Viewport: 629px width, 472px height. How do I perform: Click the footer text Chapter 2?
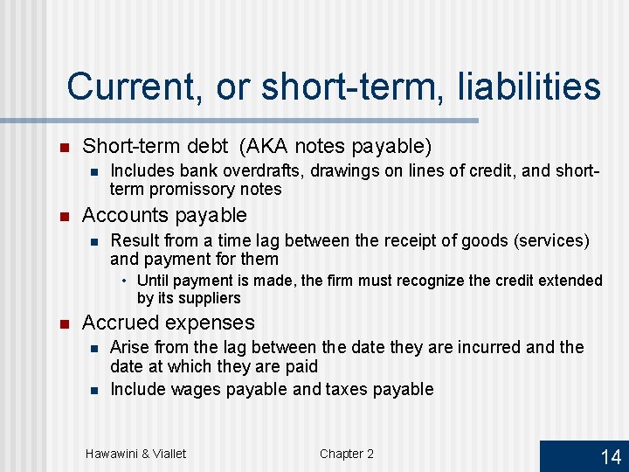346,453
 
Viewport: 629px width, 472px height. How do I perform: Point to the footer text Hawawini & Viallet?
135,453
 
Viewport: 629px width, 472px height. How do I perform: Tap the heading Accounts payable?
164,215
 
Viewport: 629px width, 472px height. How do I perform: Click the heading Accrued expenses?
168,323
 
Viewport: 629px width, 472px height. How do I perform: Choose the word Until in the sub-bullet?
153,281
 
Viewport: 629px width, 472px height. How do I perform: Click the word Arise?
128,348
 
